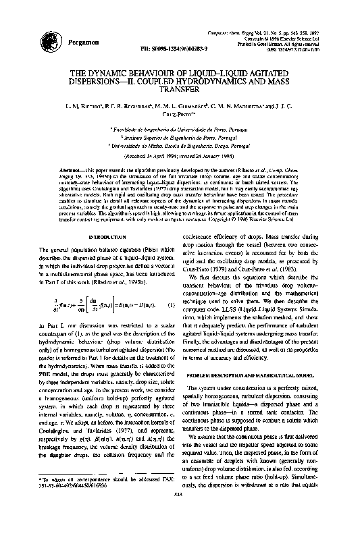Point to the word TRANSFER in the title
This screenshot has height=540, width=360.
(180, 88)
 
